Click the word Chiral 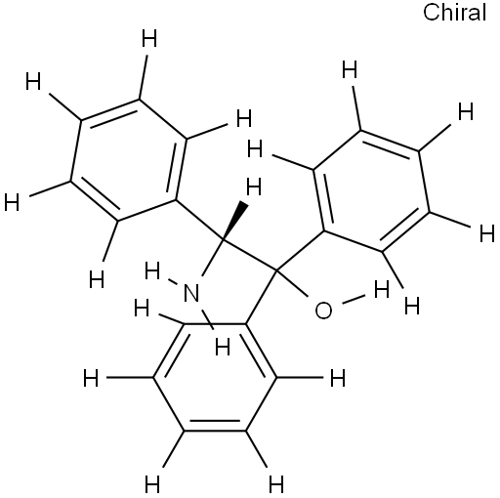(454, 13)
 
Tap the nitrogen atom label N (191, 293)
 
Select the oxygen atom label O (323, 311)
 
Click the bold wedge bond (235, 222)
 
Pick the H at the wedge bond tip (254, 187)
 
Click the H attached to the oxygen (382, 289)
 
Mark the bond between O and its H (354, 300)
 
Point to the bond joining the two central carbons (249, 256)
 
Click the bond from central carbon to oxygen (292, 283)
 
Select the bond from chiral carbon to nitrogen (212, 258)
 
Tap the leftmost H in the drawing (12, 202)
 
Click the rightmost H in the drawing (487, 234)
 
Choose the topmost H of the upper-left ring (149, 38)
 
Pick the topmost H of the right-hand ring (350, 70)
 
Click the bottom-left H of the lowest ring (152, 484)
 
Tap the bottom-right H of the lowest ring (276, 484)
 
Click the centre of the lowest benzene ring (215, 377)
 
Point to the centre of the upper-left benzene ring (129, 160)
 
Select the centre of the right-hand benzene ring (372, 191)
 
